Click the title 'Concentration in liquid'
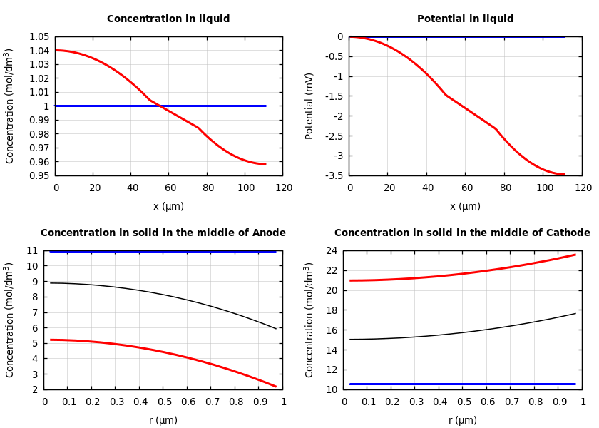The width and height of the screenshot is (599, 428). coord(168,19)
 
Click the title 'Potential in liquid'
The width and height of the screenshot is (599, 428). coord(465,19)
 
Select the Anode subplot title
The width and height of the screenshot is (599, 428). coord(163,233)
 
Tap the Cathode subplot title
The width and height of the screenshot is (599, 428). coord(462,233)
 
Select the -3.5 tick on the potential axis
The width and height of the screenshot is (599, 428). coord(334,175)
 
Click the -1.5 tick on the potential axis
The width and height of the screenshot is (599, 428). coord(334,96)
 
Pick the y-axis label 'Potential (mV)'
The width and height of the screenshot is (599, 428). coord(309,106)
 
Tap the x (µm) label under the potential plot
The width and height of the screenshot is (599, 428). coord(465,207)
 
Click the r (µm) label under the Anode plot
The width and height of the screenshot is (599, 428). coord(163,421)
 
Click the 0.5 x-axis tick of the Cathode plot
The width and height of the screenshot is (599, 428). coord(464,402)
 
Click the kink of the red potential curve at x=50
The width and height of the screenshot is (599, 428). coord(446,95)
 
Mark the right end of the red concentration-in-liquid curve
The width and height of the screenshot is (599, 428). coord(265,164)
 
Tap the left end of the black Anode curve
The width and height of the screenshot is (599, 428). coord(51,283)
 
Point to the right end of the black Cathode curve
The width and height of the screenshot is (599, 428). coord(575,313)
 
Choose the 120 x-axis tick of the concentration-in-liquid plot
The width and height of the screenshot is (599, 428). coord(284,188)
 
